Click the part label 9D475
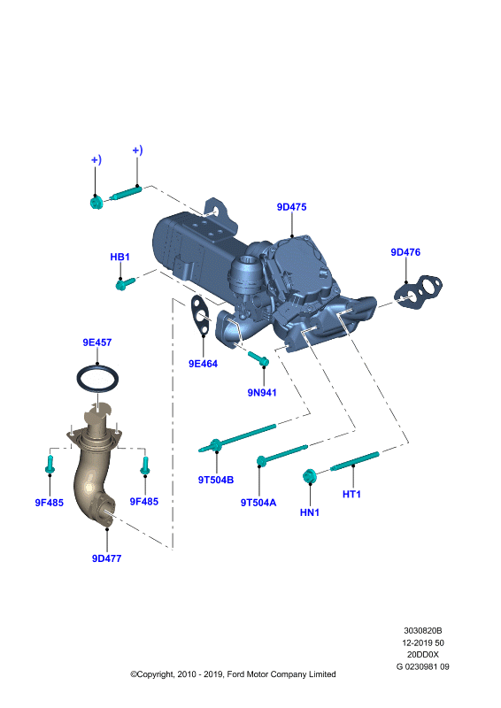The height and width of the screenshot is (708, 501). click(x=291, y=207)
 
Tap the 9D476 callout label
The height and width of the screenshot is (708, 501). click(x=405, y=252)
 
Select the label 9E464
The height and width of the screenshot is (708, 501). click(x=203, y=364)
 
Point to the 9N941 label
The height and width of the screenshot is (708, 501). click(x=262, y=392)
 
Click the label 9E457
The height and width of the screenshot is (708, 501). click(x=96, y=342)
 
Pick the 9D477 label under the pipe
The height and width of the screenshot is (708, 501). click(x=106, y=558)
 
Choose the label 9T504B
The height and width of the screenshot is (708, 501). click(x=215, y=480)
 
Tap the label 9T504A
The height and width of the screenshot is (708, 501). click(x=258, y=503)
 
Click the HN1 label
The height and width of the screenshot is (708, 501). click(x=310, y=512)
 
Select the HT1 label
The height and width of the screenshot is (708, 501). click(x=351, y=495)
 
